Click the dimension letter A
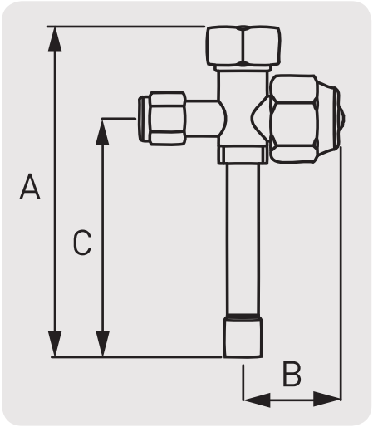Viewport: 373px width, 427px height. click(30, 186)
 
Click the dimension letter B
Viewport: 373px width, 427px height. click(292, 374)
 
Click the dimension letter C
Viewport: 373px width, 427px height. click(82, 242)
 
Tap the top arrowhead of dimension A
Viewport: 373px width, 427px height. click(55, 39)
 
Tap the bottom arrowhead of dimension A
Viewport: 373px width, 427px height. click(55, 344)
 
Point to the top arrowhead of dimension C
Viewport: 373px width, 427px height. click(102, 132)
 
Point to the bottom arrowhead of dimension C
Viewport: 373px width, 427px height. click(102, 344)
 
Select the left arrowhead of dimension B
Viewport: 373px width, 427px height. click(257, 400)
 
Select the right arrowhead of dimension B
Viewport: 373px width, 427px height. click(326, 399)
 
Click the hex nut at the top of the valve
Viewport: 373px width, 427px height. click(243, 46)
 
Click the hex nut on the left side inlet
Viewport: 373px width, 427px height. click(168, 119)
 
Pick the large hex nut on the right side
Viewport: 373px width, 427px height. click(294, 119)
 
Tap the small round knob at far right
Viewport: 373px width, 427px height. click(342, 119)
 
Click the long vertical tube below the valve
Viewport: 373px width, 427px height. click(243, 239)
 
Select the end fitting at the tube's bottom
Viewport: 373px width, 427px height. click(243, 336)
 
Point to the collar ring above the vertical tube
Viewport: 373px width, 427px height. click(243, 155)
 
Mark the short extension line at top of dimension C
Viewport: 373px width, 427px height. click(119, 119)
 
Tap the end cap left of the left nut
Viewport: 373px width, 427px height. click(144, 119)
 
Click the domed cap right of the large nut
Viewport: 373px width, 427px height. click(328, 119)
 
